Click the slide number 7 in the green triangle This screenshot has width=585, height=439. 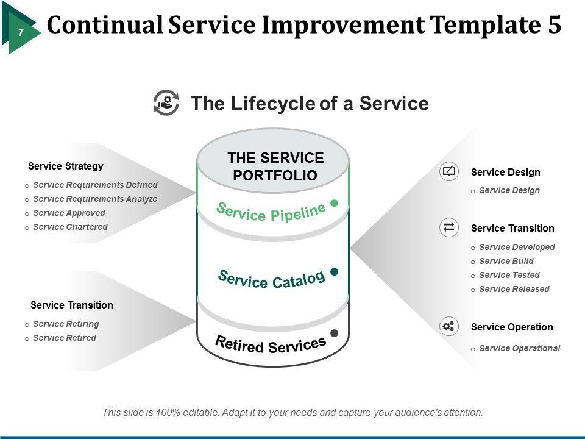point(21,32)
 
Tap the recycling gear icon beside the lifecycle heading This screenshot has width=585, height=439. point(166,102)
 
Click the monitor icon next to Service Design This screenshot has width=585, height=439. point(448,171)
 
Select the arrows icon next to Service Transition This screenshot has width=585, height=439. point(448,227)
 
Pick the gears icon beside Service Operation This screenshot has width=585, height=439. point(448,326)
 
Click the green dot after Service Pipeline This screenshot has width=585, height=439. point(335,202)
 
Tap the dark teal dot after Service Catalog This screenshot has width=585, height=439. point(335,271)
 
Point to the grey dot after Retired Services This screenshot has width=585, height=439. point(335,333)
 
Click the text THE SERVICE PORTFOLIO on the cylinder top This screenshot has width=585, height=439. point(275,166)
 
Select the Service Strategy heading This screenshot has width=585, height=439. point(66,166)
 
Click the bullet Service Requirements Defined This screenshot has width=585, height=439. point(95,185)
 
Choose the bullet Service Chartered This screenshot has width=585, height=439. point(70,227)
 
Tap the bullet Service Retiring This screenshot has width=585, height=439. point(66,324)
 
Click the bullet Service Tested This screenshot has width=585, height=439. point(509,275)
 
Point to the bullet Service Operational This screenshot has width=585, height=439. point(520,348)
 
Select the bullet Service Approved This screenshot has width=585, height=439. point(69,213)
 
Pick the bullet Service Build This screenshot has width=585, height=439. point(506,261)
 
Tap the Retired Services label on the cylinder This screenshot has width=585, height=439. point(271,344)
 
